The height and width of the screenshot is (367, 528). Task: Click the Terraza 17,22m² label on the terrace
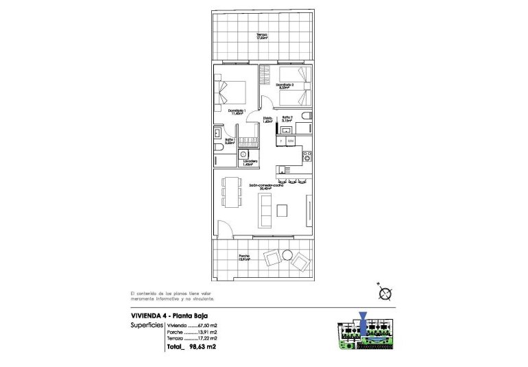tap(262, 37)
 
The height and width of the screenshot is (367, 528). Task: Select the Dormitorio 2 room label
tap(285, 86)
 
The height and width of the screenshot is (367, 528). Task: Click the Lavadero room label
tap(249, 163)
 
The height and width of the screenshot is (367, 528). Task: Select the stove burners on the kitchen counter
tap(307, 156)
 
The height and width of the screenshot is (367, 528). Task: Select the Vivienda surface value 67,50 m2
tap(208, 325)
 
